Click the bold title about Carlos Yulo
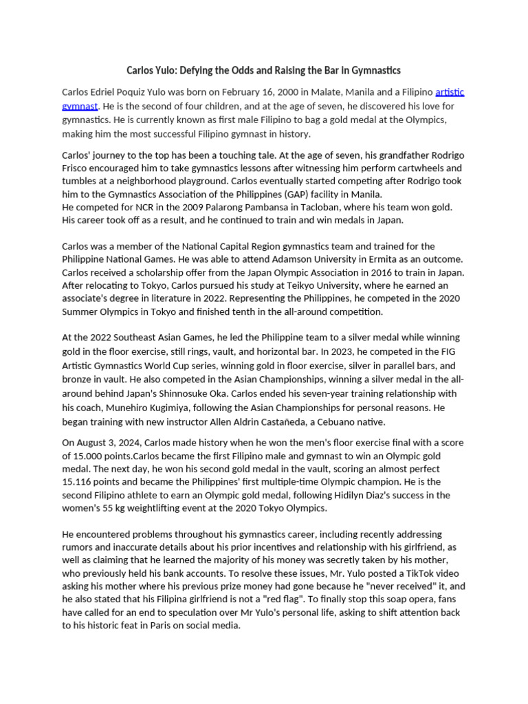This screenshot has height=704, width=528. pyautogui.click(x=263, y=70)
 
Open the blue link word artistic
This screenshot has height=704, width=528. pyautogui.click(x=454, y=92)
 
